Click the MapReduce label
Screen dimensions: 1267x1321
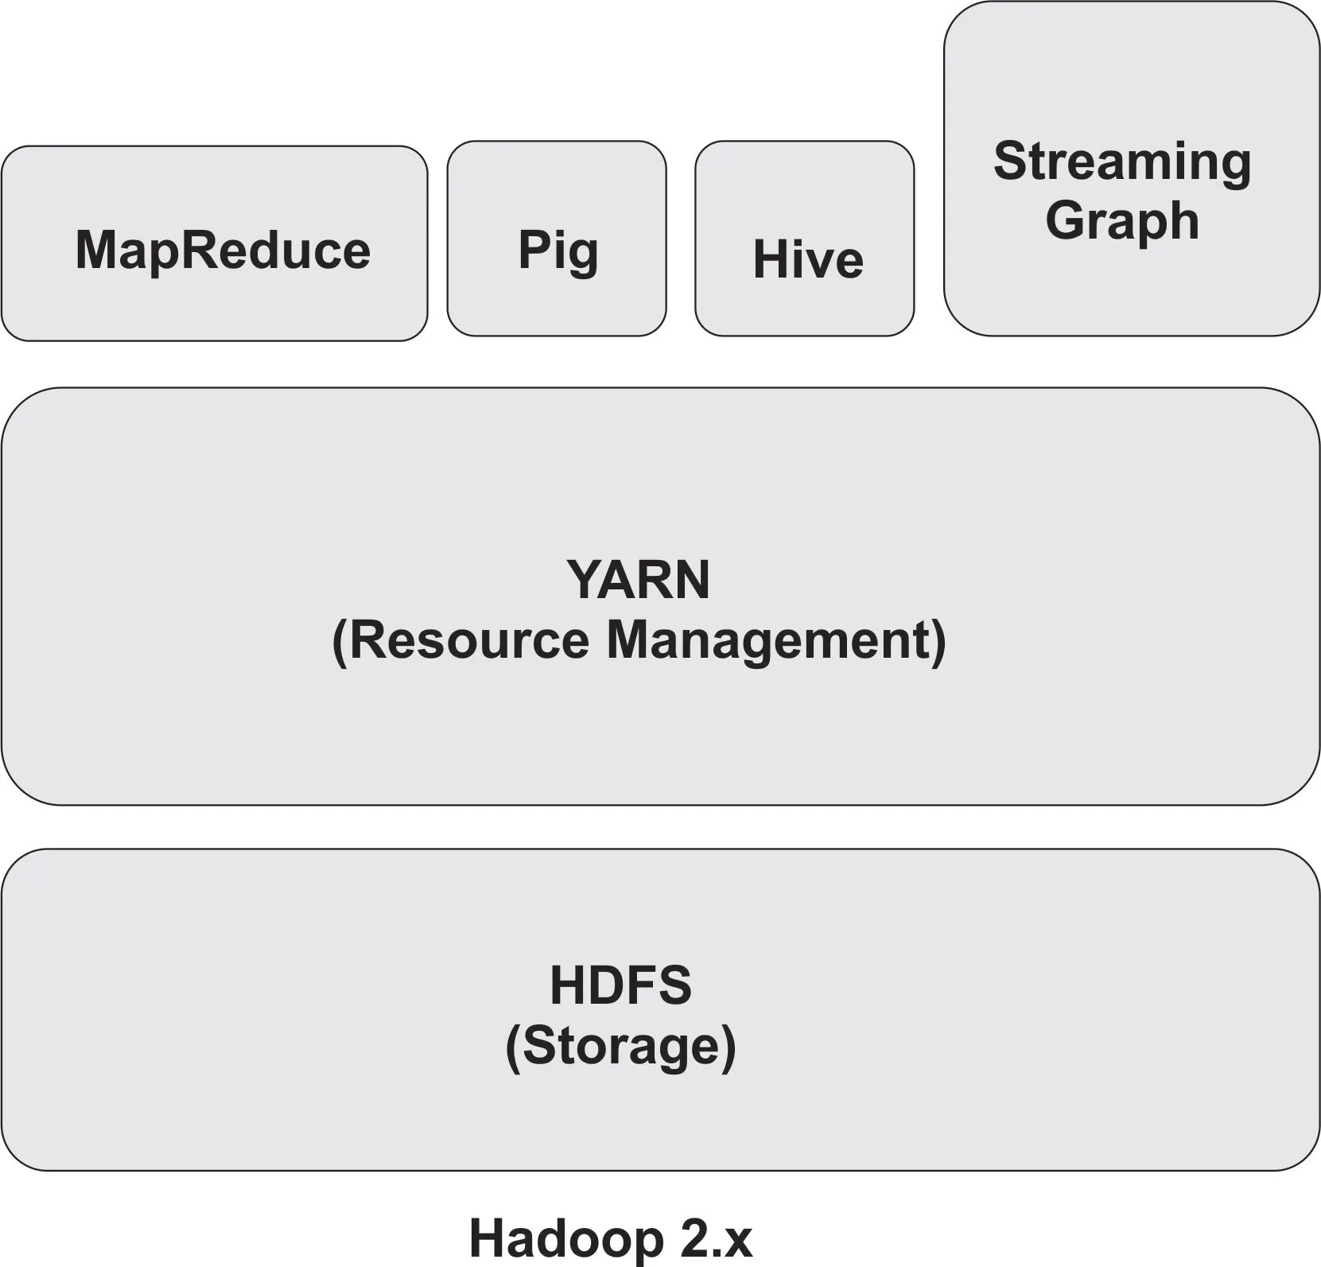click(x=223, y=251)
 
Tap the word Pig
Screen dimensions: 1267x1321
click(x=558, y=251)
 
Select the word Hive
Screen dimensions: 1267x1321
click(x=807, y=259)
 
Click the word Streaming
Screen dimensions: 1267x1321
click(x=1121, y=161)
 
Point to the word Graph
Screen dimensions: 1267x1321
click(x=1121, y=221)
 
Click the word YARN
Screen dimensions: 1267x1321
click(x=638, y=580)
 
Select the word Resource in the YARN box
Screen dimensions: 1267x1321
click(x=469, y=639)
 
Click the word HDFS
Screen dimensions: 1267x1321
click(x=620, y=985)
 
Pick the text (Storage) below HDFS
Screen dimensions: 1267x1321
click(x=620, y=1045)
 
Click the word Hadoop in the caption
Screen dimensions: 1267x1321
click(x=565, y=1238)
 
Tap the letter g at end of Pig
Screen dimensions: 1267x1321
click(x=583, y=255)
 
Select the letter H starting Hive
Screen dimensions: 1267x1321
click(x=768, y=259)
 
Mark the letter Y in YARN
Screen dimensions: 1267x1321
click(x=582, y=580)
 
